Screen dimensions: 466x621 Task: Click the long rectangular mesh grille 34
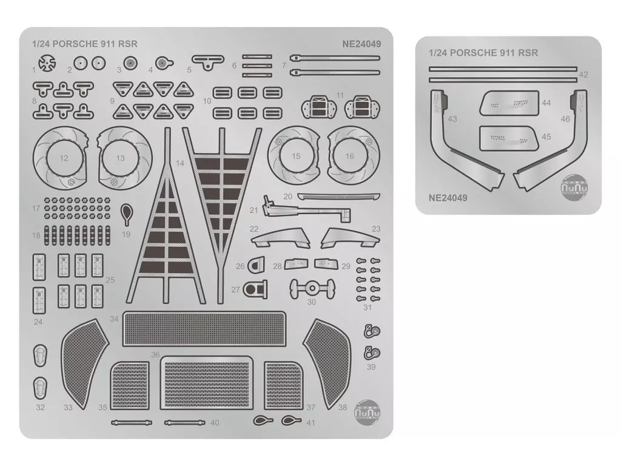(204, 328)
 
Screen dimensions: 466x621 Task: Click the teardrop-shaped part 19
(126, 212)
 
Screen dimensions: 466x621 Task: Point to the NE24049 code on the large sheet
(361, 44)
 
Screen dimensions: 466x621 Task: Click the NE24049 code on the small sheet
(448, 197)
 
